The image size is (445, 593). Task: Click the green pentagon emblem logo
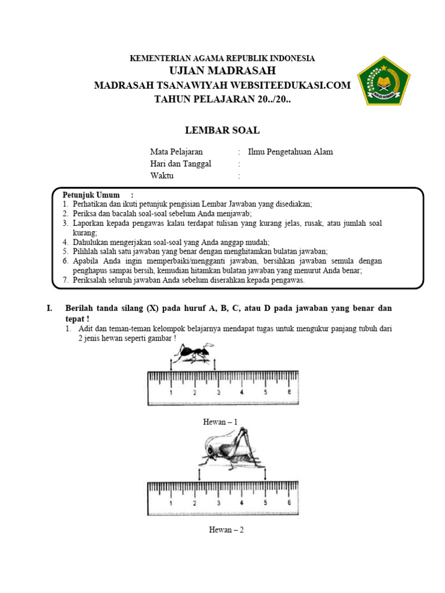pos(384,80)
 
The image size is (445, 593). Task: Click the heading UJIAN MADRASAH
pos(222,71)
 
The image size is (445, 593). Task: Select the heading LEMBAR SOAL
pos(222,130)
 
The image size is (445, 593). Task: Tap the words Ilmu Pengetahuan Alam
pos(290,152)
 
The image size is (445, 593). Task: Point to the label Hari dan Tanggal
pos(181,164)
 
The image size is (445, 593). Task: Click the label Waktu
pos(162,176)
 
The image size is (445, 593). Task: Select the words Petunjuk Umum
pos(91,195)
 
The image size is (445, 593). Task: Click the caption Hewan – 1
pos(220,422)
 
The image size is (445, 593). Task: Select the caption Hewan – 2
pos(226,529)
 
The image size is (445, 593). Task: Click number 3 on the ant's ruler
pos(218,392)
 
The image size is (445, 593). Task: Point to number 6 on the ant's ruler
pos(289,392)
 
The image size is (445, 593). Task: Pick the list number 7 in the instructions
pos(65,280)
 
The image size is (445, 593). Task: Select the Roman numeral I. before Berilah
pos(50,309)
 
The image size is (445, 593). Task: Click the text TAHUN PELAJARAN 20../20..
pos(223,98)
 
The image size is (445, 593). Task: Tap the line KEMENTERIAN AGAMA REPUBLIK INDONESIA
pos(222,58)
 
